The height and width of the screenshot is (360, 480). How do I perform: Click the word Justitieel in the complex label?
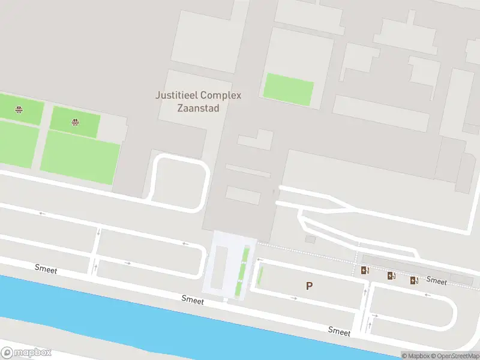click(176, 95)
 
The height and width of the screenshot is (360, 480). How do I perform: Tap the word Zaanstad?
click(198, 109)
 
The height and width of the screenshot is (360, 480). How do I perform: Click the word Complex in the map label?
click(220, 95)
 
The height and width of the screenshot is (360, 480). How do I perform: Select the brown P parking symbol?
click(309, 286)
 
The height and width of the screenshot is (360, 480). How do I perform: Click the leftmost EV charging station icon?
click(364, 271)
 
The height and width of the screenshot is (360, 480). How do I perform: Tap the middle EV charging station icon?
click(391, 276)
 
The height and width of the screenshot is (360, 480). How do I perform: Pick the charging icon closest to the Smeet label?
click(414, 280)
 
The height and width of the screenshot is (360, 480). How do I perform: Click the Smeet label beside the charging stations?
click(436, 280)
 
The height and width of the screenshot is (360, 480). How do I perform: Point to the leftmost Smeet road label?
click(46, 270)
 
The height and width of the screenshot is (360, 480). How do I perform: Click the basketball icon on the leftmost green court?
click(19, 109)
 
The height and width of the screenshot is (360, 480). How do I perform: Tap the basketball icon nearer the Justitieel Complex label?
click(75, 122)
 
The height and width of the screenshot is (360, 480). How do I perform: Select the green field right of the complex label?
click(289, 89)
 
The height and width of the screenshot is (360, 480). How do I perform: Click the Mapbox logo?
click(26, 353)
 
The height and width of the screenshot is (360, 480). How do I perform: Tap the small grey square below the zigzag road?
click(310, 239)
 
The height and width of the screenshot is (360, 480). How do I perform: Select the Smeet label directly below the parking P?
click(339, 331)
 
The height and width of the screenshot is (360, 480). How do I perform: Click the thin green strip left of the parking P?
click(260, 276)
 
